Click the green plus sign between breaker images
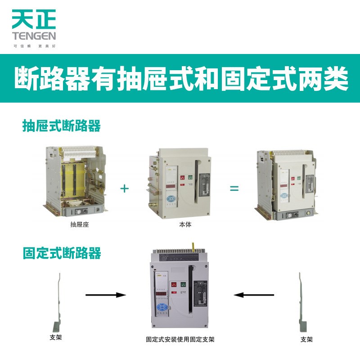pos(125,188)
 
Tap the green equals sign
pos(234,188)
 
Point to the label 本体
pos(185,224)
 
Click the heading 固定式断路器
pos(61,253)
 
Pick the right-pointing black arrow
pos(105,295)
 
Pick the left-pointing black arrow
pos(254,295)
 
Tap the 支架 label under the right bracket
pos(306,339)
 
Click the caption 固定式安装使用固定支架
pos(180,339)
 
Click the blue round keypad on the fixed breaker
pos(162,307)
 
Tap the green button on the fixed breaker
pos(184,284)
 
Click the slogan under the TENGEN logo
pos(34,45)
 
